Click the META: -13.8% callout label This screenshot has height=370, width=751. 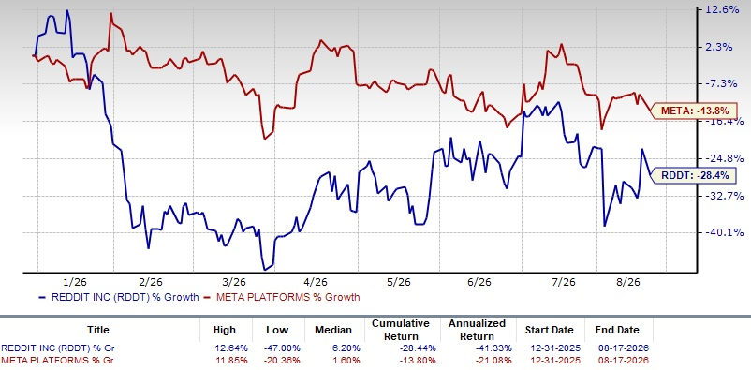[694, 111]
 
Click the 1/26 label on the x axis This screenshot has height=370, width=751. [75, 281]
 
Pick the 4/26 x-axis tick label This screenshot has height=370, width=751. [318, 281]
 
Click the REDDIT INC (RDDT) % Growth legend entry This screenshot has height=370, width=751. [118, 297]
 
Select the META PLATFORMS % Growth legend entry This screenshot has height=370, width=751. [282, 297]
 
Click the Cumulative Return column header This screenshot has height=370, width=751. [401, 330]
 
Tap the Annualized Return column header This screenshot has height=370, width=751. [477, 330]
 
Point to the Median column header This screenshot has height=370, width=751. [334, 330]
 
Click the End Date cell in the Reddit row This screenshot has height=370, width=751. [621, 348]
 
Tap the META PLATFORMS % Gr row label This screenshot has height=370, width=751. [57, 360]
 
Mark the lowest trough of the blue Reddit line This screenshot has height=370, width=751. [264, 270]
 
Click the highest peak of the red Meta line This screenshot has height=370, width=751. [110, 13]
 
